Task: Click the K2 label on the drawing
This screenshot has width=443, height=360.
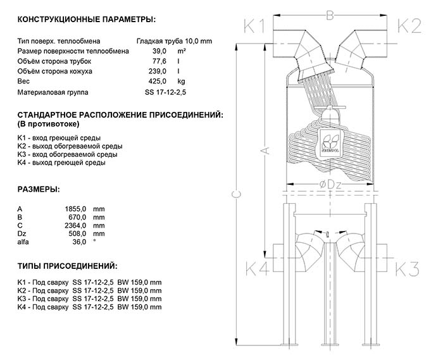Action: (x=408, y=26)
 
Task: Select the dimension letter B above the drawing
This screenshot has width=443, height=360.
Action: (x=329, y=15)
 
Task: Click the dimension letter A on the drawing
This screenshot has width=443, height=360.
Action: (x=266, y=150)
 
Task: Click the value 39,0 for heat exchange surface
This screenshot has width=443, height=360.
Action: (x=159, y=51)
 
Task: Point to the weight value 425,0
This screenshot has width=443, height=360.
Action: (x=157, y=82)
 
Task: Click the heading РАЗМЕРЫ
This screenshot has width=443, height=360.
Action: (x=39, y=189)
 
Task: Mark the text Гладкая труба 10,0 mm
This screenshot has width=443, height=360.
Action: (x=175, y=40)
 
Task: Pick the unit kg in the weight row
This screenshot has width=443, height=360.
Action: (x=181, y=82)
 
